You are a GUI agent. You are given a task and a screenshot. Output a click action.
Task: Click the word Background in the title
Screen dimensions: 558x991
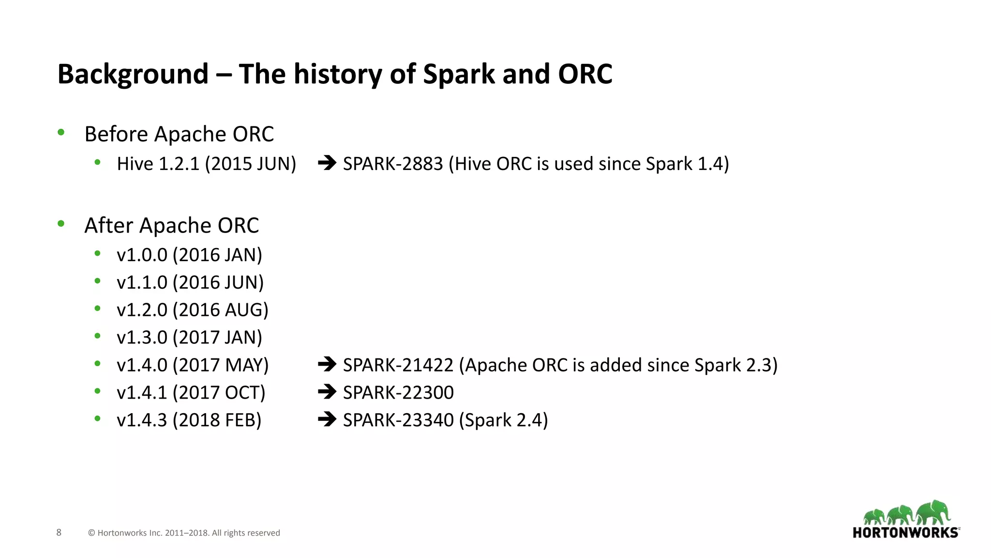tap(133, 74)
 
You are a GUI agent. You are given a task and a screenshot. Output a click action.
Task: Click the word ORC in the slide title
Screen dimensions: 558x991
tap(585, 74)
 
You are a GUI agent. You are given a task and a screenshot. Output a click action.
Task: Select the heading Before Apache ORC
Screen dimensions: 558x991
tap(179, 134)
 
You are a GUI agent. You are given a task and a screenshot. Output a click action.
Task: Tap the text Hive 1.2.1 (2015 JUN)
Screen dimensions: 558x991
tap(206, 164)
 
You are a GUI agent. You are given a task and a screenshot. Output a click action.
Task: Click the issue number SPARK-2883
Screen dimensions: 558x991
tap(393, 164)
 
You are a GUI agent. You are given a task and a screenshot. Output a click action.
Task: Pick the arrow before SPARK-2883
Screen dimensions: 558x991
tap(327, 163)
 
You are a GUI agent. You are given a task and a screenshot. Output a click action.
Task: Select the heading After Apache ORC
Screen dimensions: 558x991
tap(171, 226)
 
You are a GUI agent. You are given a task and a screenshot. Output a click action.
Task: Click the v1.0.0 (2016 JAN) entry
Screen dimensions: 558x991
tap(189, 255)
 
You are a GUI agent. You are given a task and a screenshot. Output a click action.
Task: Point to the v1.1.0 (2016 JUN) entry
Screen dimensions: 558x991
tap(190, 282)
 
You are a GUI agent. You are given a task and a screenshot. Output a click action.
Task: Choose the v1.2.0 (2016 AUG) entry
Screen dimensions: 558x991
tap(192, 310)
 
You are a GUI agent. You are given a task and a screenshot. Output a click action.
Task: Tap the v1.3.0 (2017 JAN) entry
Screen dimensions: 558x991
tap(189, 338)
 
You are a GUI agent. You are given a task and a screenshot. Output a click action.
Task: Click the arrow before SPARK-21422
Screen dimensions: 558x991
tap(327, 364)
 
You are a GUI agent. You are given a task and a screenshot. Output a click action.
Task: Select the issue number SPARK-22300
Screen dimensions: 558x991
tap(398, 392)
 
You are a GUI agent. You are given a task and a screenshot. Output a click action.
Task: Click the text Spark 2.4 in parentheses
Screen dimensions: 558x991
tap(503, 420)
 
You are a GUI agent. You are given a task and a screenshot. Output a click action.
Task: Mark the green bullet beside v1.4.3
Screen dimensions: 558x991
tap(98, 418)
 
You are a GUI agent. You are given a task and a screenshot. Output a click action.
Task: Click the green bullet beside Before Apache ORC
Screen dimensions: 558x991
tap(61, 132)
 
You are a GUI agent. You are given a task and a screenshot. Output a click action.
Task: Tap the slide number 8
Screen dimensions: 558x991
tap(59, 532)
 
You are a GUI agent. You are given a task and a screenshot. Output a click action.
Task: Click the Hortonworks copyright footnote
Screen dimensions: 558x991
tap(184, 533)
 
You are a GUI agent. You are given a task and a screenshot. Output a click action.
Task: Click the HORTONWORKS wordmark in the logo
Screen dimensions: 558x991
tap(905, 533)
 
